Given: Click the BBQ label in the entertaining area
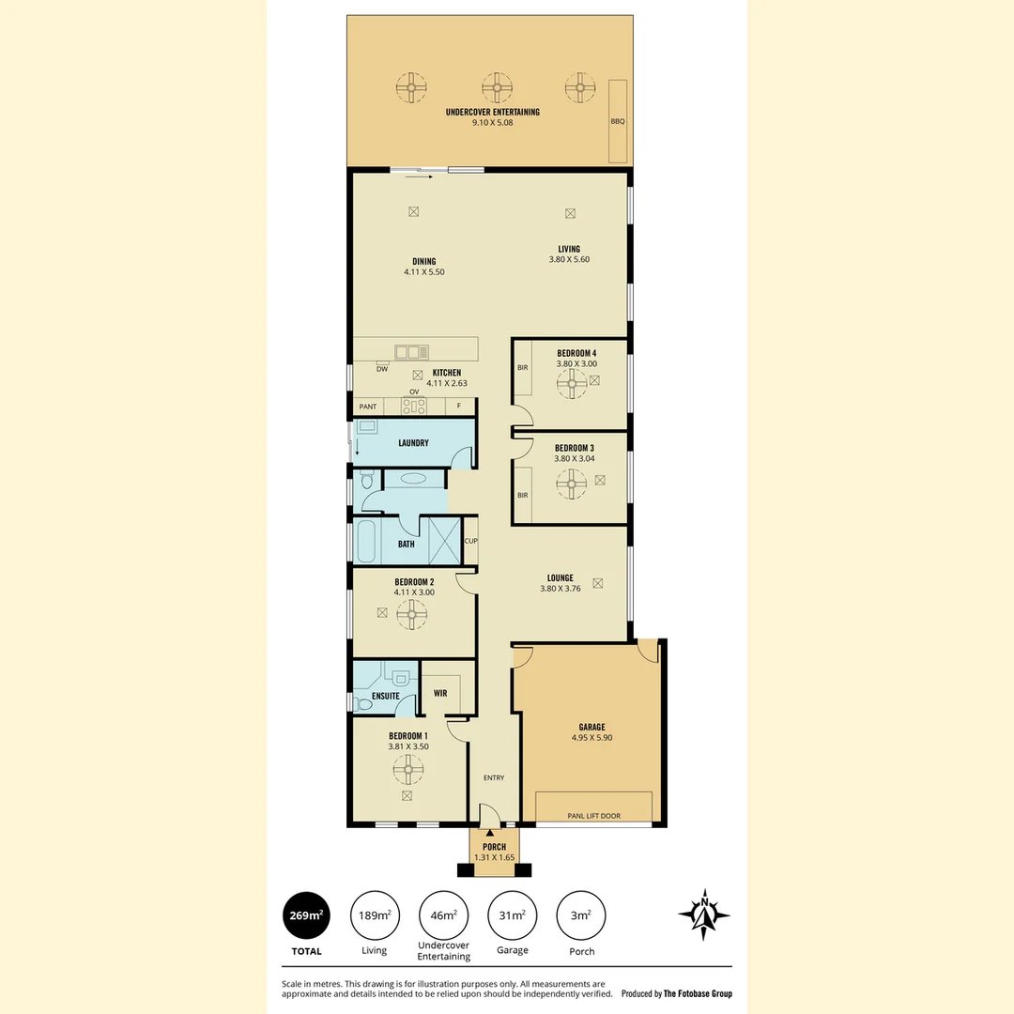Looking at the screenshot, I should pos(617,121).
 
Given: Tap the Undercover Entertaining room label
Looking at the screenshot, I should pos(492,113).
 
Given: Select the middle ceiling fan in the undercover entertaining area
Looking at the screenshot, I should pos(495,88).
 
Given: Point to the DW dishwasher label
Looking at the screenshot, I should pos(382,369).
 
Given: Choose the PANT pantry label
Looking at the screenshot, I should pos(367,407).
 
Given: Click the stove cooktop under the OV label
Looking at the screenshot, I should pos(413,407).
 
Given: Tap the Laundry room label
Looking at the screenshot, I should pos(413,442).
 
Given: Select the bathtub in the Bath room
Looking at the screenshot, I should pos(365,543).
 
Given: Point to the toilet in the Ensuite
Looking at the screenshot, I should pos(365,703).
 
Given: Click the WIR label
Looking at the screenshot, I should pos(439,694).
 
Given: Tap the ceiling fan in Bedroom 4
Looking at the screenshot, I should pos(571,382).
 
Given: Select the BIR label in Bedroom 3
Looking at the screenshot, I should pos(522,495).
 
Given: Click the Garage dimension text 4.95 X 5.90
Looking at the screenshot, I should pos(591,738).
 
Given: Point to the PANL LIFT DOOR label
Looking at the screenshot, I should pos(593,816).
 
